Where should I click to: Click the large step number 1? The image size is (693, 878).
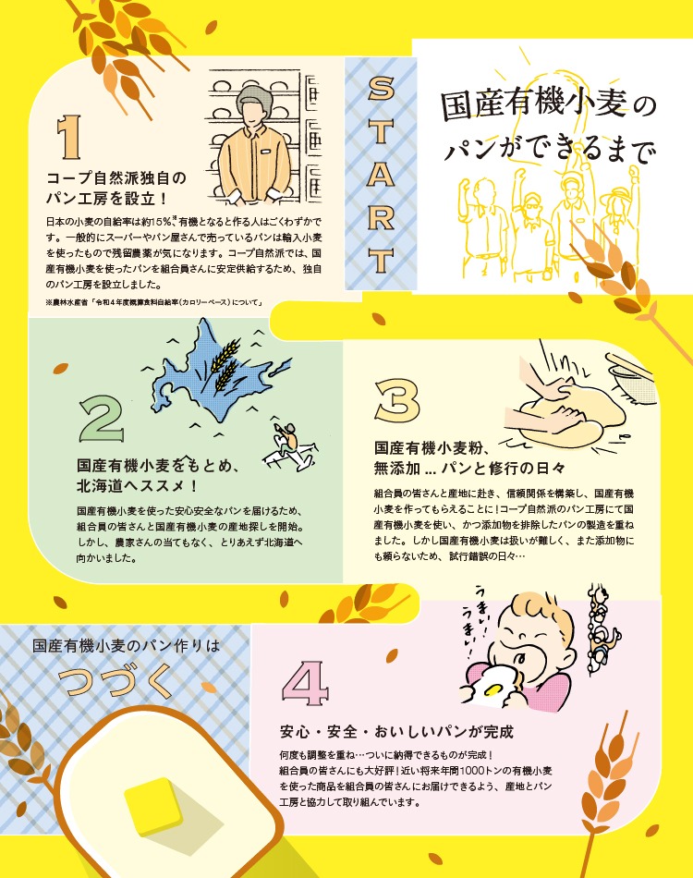69,137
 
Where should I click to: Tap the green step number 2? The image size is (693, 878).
101,419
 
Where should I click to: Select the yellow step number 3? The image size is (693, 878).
397,401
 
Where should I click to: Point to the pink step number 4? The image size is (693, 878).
305,684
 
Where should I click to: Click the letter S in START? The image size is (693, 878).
381,89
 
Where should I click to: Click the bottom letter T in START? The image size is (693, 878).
381,262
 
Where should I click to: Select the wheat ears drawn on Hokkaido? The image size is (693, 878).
225,363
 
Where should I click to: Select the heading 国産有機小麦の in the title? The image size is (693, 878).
548,104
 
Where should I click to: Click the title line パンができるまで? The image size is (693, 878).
548,149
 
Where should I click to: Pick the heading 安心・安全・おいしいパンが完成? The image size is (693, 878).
396,732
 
